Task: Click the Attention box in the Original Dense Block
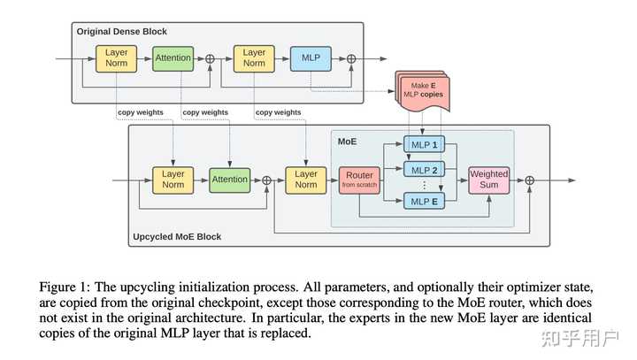(173, 58)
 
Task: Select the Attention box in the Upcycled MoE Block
(229, 180)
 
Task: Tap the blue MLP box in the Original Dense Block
(310, 58)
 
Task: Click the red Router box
(359, 180)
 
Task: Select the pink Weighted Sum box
(488, 179)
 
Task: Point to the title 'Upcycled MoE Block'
(177, 236)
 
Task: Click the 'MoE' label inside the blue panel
(347, 141)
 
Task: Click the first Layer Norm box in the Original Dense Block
(116, 58)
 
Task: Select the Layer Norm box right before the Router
(305, 180)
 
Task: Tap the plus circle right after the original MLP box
(351, 58)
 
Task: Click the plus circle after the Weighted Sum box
(530, 180)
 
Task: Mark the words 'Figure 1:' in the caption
(64, 287)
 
